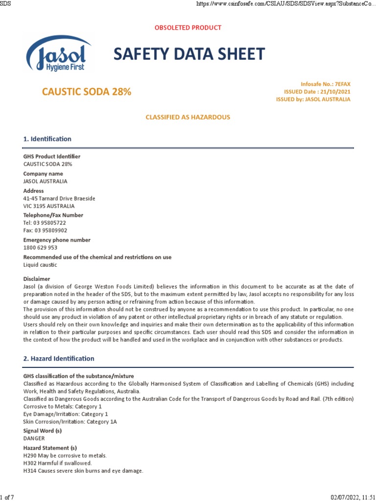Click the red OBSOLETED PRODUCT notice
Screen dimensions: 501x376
188,28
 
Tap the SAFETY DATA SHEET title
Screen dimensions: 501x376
189,54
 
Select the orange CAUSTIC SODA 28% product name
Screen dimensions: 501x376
86,91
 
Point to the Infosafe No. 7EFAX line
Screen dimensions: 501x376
326,84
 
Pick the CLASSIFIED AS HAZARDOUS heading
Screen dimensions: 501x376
188,117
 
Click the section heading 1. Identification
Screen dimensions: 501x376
47,139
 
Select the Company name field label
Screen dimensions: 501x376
43,174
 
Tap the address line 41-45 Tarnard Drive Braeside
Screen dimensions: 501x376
59,199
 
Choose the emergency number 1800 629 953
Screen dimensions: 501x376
40,248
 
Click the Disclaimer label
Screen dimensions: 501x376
37,279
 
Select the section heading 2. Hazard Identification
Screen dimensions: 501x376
59,359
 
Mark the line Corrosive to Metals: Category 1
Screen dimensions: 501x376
63,407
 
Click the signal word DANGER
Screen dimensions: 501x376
34,438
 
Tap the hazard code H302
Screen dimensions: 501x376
30,463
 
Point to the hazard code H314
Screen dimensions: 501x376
30,471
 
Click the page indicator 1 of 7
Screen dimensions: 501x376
7,497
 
